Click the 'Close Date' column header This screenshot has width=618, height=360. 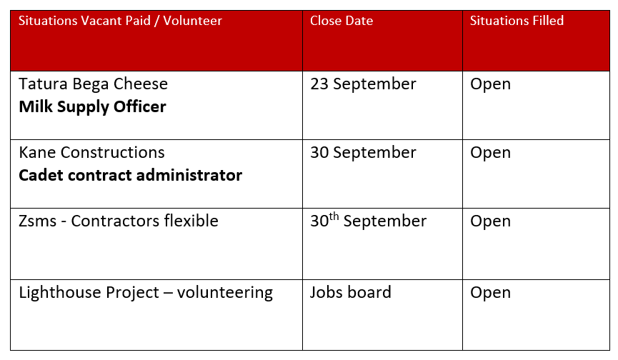[342, 21]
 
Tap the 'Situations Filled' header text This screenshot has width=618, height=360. [517, 21]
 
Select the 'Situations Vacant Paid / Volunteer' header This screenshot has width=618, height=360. [120, 21]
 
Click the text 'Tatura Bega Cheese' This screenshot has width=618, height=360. [94, 84]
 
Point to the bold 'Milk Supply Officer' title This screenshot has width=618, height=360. [93, 107]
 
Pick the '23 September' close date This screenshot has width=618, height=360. [363, 84]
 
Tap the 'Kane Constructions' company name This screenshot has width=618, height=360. [92, 152]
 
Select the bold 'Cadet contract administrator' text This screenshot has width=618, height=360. [131, 175]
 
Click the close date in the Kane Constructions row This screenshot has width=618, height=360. [363, 153]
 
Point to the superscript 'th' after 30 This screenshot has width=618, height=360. [334, 216]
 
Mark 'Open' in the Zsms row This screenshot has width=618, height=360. [490, 221]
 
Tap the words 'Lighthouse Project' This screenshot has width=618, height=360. [89, 293]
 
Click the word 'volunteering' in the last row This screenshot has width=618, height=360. [225, 293]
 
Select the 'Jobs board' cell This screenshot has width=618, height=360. [350, 293]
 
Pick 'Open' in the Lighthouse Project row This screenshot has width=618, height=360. [490, 293]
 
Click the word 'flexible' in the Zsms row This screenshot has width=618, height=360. [191, 221]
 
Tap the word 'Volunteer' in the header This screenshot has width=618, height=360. [193, 21]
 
